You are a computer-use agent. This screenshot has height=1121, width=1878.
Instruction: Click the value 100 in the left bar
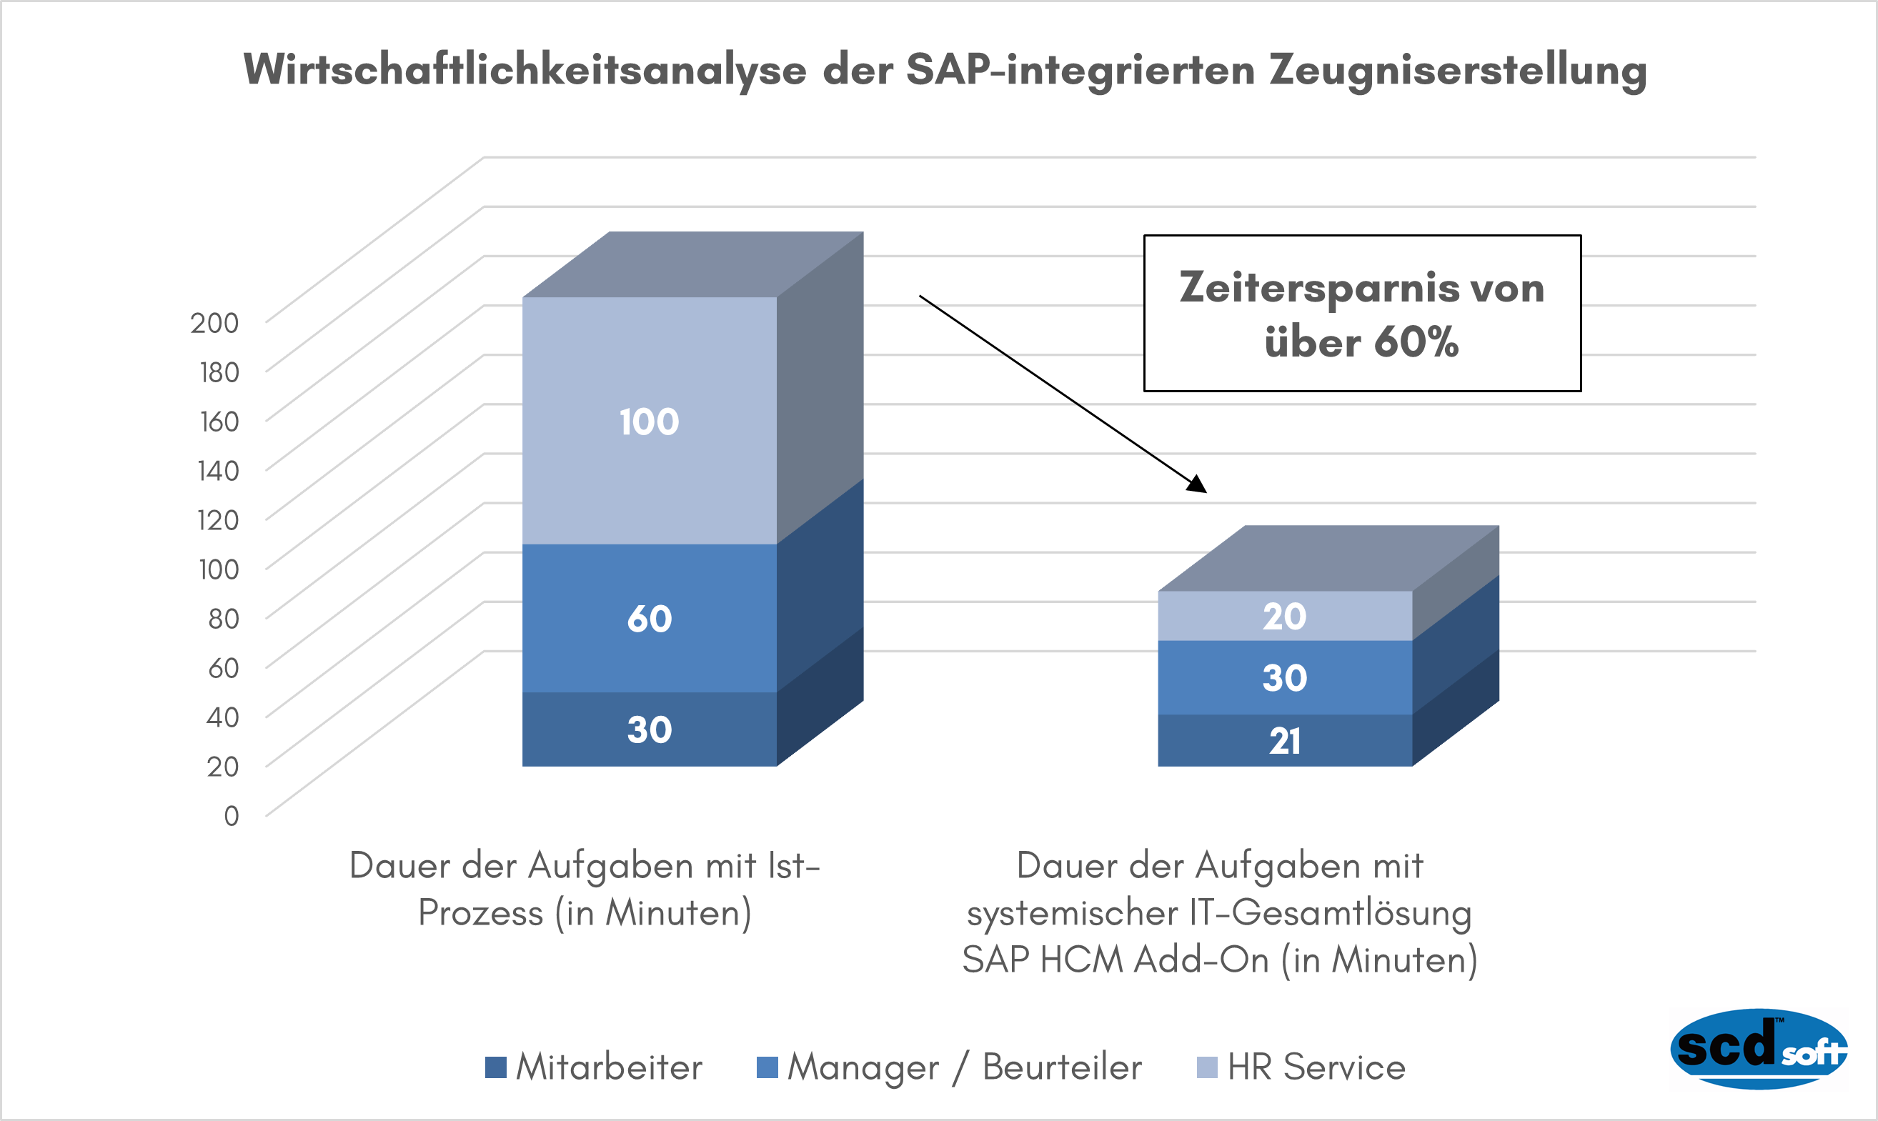[x=649, y=422]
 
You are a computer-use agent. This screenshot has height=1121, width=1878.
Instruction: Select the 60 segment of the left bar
[x=649, y=619]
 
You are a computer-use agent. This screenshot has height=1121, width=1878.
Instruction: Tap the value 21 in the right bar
[x=1284, y=741]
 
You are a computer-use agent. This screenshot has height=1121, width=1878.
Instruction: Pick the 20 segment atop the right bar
[x=1284, y=617]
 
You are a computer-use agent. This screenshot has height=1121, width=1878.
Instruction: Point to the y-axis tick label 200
[x=214, y=324]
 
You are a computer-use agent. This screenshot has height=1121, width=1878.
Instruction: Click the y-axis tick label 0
[x=231, y=816]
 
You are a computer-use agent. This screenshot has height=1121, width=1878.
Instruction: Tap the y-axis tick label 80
[x=224, y=619]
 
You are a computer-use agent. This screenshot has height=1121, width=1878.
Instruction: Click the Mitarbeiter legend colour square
[x=495, y=1067]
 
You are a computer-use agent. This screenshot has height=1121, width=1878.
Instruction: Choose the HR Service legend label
[x=1316, y=1067]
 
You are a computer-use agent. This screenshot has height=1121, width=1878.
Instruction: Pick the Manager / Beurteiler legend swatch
[x=767, y=1067]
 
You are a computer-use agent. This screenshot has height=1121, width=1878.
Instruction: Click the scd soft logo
[x=1759, y=1049]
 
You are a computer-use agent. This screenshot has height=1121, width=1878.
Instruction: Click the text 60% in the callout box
[x=1416, y=342]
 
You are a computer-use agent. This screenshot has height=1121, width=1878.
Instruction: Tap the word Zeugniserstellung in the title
[x=1457, y=70]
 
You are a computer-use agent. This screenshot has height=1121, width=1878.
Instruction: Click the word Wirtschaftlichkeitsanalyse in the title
[x=525, y=70]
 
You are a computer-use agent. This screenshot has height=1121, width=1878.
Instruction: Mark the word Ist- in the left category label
[x=793, y=866]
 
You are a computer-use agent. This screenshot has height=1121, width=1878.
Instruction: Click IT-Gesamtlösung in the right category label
[x=1330, y=913]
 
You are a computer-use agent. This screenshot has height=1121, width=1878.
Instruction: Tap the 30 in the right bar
[x=1284, y=678]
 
